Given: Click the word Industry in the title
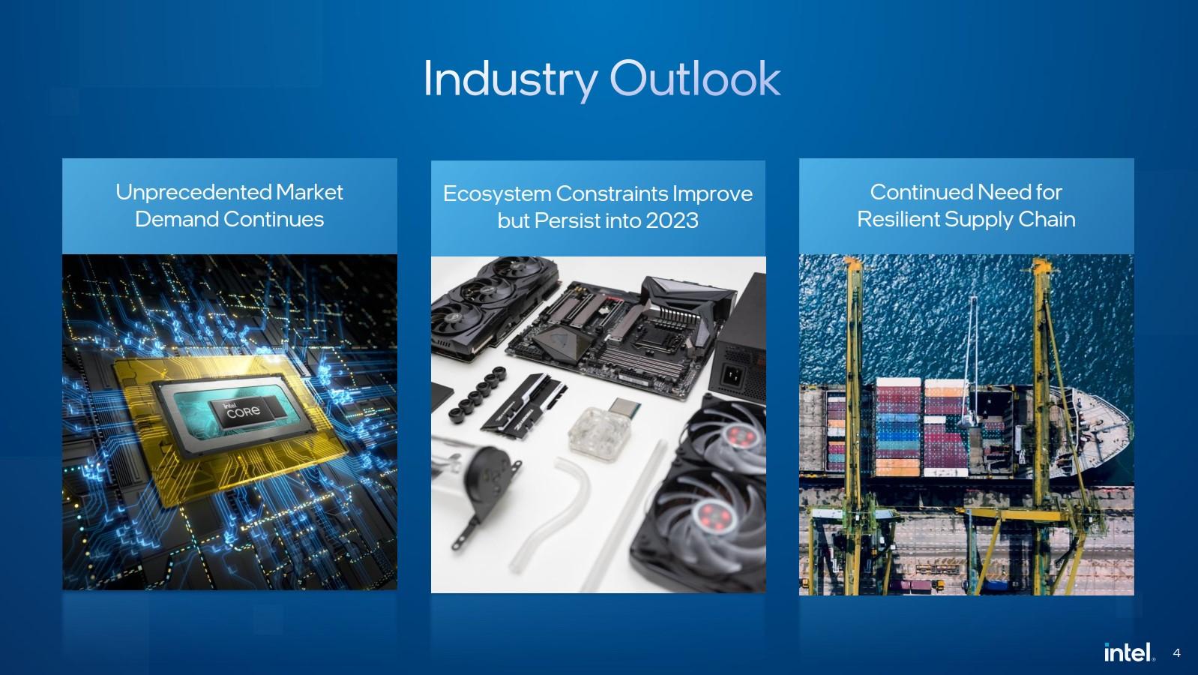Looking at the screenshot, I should coord(510,79).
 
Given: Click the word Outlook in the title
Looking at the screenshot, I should coord(694,79).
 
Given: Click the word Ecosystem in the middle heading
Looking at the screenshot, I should coord(496,193).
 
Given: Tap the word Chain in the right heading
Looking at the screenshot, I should coord(1047,219).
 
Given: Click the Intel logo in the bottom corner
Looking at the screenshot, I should coord(1128,652).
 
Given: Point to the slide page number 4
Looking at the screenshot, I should coord(1176,653).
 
